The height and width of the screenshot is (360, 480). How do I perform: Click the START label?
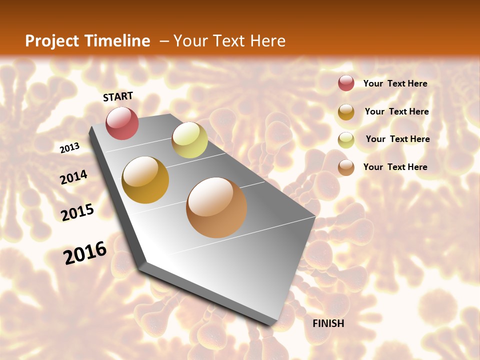pos(118,96)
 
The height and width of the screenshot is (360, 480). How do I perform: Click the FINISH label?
pos(328,323)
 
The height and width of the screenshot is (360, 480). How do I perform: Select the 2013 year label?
pos(69,147)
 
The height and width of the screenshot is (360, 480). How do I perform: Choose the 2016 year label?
pos(85,252)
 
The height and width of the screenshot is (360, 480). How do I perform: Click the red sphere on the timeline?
pos(122,123)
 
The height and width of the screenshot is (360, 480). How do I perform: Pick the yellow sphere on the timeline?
pos(189,140)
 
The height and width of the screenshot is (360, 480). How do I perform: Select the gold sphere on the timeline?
pos(145,180)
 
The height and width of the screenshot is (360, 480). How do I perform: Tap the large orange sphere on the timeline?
pos(216,207)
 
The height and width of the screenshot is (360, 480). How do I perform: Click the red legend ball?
pos(346,83)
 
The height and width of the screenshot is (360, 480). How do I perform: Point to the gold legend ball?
pos(346,112)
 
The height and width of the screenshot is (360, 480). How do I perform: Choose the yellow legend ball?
pos(346,140)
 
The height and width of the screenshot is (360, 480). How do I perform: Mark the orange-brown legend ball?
pos(346,167)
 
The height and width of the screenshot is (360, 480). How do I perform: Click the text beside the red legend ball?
pos(395,83)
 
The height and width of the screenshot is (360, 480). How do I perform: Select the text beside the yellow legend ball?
pos(397,139)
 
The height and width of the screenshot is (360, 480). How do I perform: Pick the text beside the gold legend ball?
pos(396,111)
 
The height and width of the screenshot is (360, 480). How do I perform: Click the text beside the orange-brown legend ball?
pos(395,167)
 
